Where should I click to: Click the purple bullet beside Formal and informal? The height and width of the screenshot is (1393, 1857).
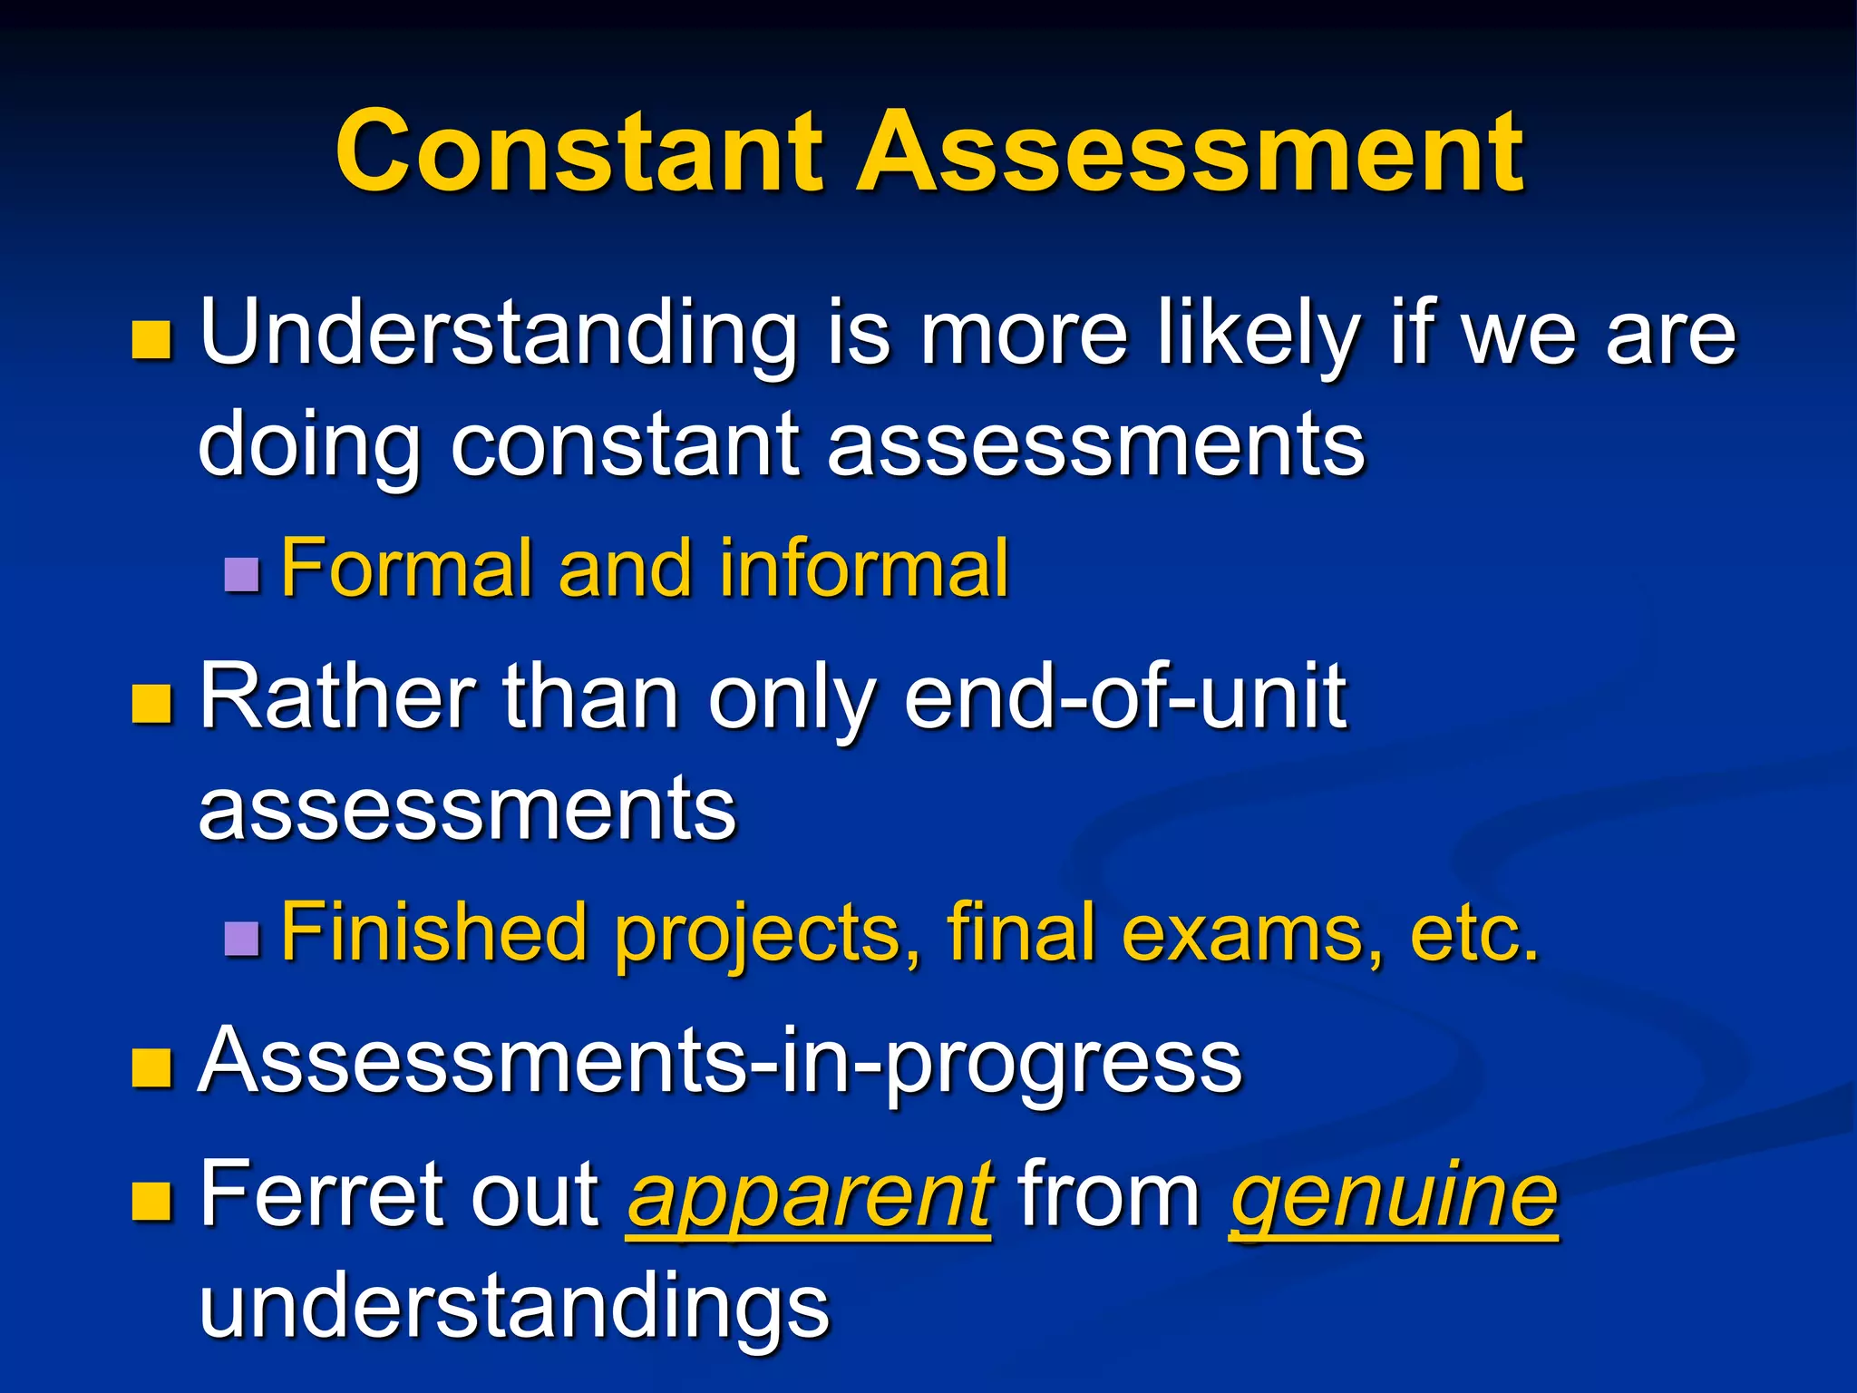[242, 574]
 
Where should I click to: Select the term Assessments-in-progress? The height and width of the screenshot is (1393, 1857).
[720, 1062]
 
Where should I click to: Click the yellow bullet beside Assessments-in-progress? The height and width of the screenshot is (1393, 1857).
[151, 1067]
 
